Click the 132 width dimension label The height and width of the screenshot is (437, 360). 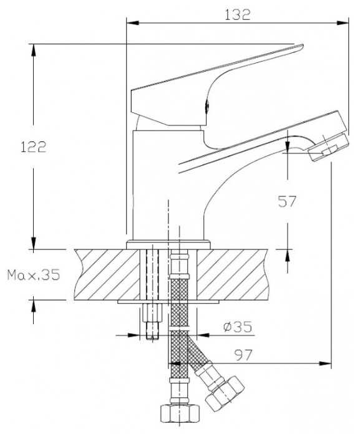pyautogui.click(x=238, y=15)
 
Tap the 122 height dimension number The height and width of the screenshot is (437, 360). pyautogui.click(x=34, y=147)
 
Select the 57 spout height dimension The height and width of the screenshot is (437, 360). pyautogui.click(x=286, y=201)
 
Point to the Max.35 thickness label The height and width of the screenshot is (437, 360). pyautogui.click(x=34, y=275)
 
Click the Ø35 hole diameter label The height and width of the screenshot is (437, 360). pyautogui.click(x=238, y=327)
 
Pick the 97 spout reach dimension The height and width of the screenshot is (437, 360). pyautogui.click(x=243, y=355)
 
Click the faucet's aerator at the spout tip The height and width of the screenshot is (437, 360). pyautogui.click(x=329, y=148)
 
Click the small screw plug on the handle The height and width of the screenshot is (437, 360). pyautogui.click(x=207, y=107)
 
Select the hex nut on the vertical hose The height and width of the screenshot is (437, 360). pyautogui.click(x=180, y=413)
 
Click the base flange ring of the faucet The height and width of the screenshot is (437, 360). pyautogui.click(x=168, y=245)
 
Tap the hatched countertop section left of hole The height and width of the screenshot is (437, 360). pyautogui.click(x=107, y=275)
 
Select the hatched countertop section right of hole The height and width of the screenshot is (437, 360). pyautogui.click(x=233, y=275)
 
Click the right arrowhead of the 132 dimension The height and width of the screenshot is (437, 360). pyautogui.click(x=343, y=22)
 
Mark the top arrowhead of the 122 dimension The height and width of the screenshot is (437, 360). pyautogui.click(x=34, y=50)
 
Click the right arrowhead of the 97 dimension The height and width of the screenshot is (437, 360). pyautogui.click(x=325, y=363)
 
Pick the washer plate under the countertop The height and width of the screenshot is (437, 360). pyautogui.click(x=168, y=302)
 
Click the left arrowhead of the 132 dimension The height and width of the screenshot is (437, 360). pyautogui.click(x=133, y=22)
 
